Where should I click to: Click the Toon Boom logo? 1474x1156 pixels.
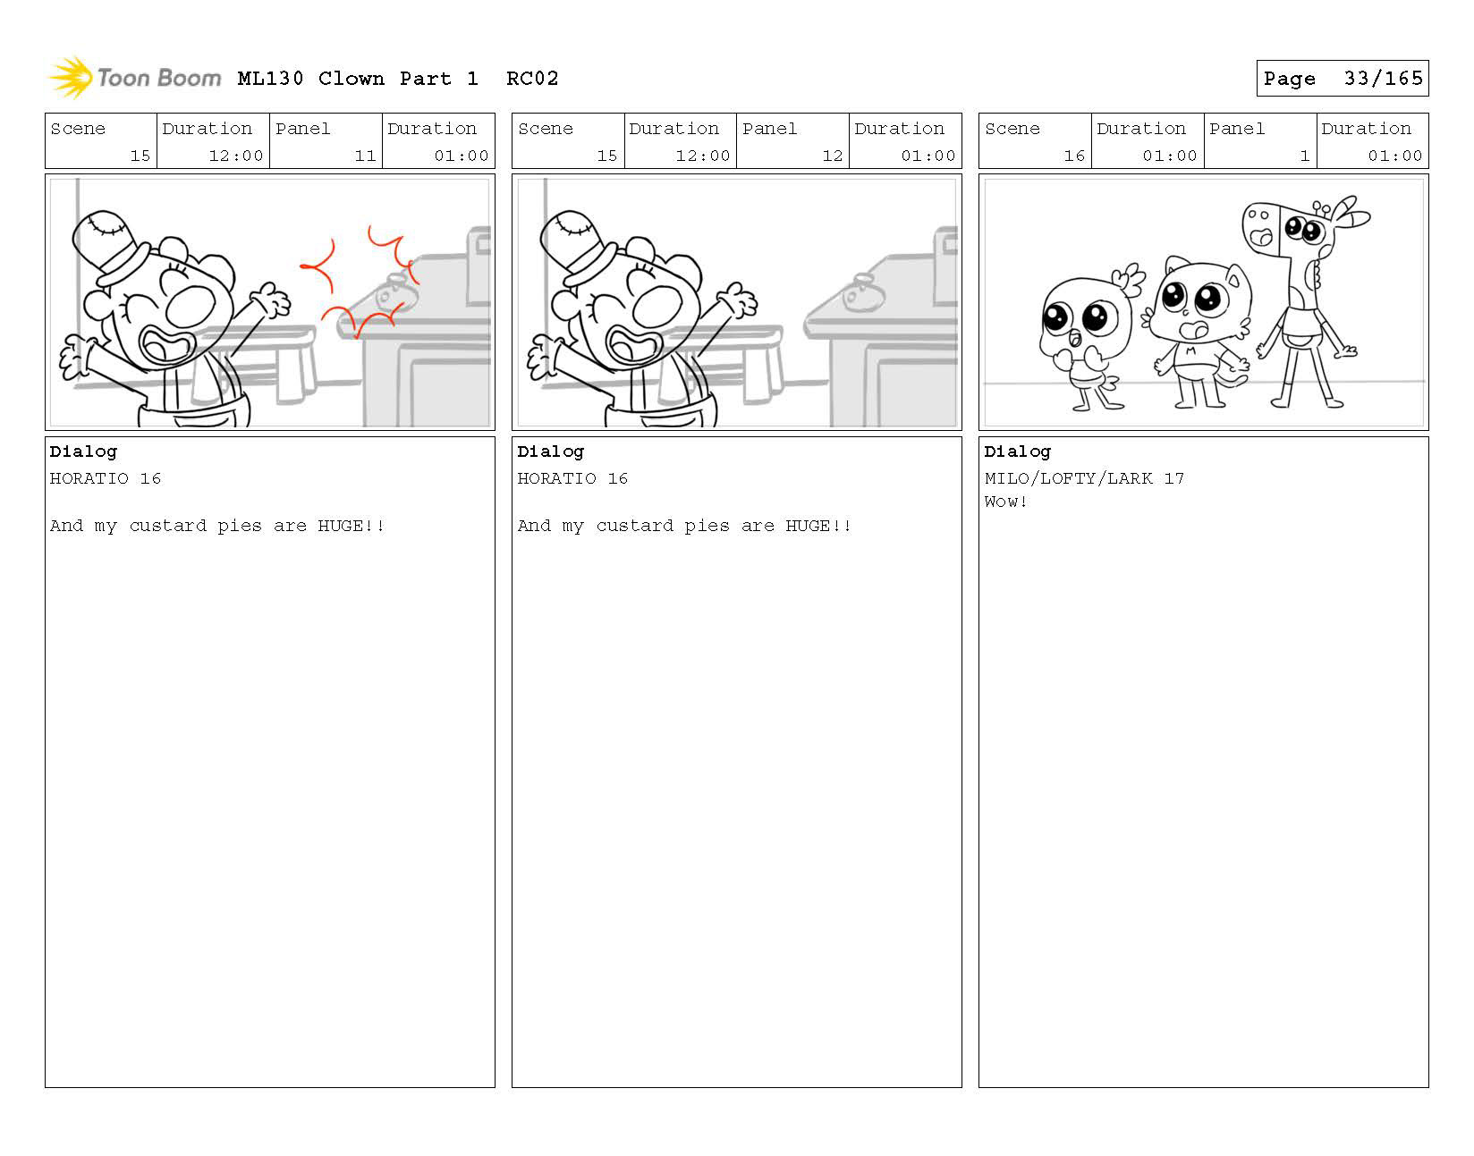(134, 77)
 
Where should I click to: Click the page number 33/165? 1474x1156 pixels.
(1383, 79)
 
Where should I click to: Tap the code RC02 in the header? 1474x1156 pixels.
(532, 79)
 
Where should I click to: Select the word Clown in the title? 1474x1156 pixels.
(351, 79)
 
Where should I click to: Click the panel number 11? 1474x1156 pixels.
(365, 156)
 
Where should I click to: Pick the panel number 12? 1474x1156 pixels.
(832, 156)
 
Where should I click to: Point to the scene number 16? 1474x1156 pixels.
(1074, 156)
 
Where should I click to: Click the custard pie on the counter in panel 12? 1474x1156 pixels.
(863, 292)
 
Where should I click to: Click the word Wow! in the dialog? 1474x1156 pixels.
(1005, 502)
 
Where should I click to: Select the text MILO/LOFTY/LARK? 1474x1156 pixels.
(1068, 478)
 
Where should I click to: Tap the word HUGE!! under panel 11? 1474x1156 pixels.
(351, 526)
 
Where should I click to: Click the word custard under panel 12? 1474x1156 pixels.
(635, 526)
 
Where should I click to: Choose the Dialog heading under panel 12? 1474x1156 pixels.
(550, 451)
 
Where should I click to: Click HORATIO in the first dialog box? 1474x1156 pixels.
(89, 478)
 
